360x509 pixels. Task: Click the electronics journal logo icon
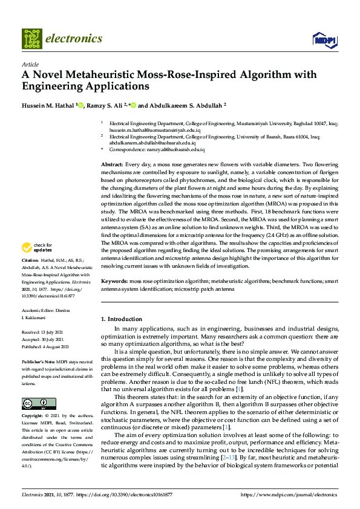(32, 39)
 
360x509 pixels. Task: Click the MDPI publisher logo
(324, 40)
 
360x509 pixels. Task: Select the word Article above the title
(30, 64)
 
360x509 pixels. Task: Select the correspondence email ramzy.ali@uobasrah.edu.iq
(172, 149)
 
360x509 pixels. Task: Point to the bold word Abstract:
(112, 164)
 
